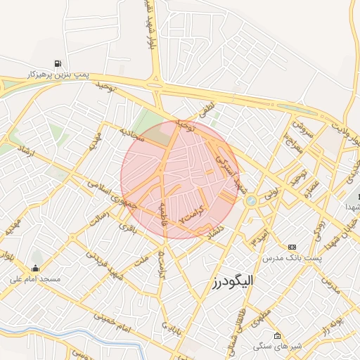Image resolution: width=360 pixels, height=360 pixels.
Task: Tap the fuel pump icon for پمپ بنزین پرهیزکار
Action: pyautogui.click(x=57, y=63)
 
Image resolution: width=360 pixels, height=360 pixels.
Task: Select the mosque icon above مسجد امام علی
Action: pyautogui.click(x=36, y=268)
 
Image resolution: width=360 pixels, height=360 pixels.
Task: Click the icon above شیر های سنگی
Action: pyautogui.click(x=277, y=336)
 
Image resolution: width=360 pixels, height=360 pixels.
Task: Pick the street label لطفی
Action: pyautogui.click(x=205, y=111)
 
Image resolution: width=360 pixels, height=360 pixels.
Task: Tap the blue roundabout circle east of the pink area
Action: pyautogui.click(x=251, y=201)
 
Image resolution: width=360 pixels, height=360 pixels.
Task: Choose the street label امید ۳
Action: pyautogui.click(x=259, y=236)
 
